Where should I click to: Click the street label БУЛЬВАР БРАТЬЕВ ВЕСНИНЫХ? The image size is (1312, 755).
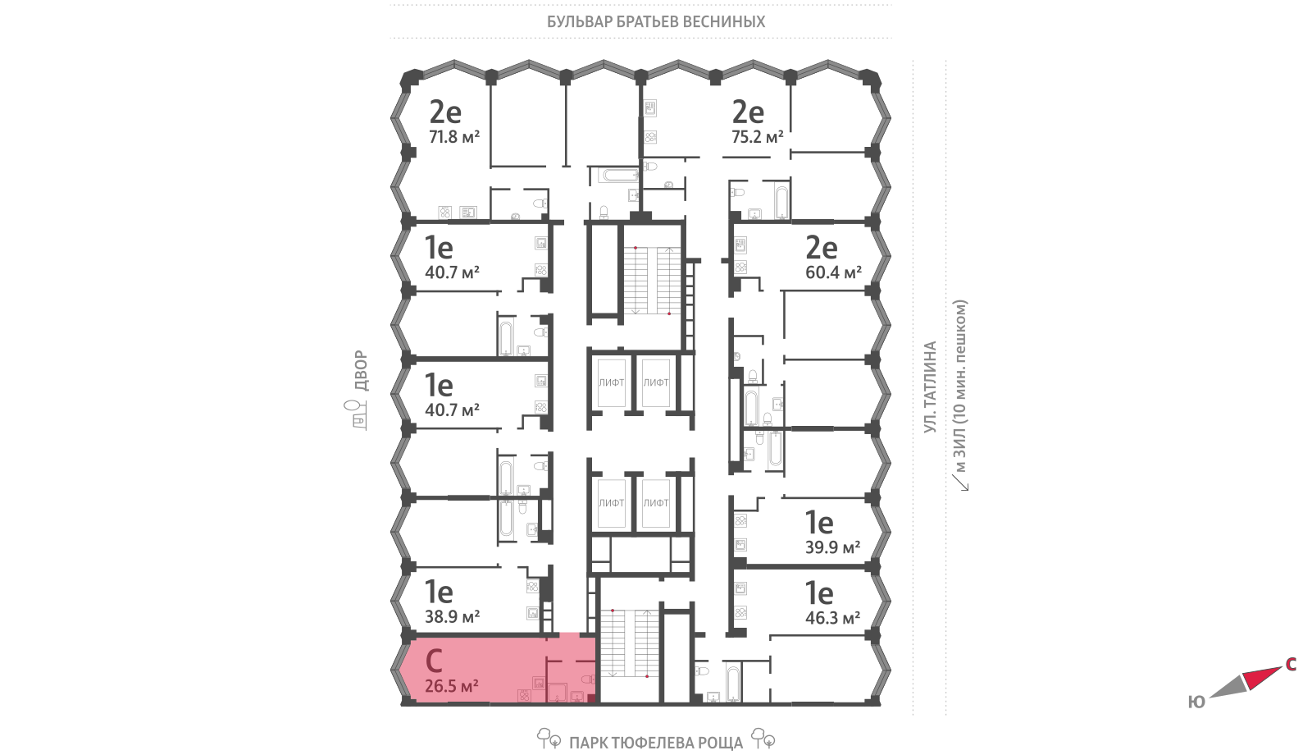tap(656, 21)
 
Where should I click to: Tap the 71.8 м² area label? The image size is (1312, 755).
tap(454, 137)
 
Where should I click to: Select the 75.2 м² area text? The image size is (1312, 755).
tap(758, 137)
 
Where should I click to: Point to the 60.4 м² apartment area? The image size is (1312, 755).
tap(833, 272)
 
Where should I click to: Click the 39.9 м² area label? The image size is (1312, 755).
tap(833, 547)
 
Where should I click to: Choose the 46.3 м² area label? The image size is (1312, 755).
tap(833, 618)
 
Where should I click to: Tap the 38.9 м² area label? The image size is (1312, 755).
tap(452, 616)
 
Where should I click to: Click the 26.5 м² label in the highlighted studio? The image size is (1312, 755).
tap(452, 685)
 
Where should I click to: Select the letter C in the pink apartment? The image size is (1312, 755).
tap(434, 661)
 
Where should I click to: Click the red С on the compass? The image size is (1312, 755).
tap(1291, 664)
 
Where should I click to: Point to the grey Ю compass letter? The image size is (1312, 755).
tap(1196, 702)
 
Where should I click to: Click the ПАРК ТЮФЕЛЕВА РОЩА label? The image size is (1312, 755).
tap(656, 744)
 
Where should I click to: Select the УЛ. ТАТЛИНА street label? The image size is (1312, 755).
tap(930, 387)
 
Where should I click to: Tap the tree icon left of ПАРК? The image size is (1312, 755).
tap(549, 739)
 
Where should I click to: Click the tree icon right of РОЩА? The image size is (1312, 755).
tap(763, 739)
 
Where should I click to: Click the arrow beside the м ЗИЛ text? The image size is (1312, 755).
tap(960, 483)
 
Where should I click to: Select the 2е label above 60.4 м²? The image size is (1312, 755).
tap(821, 248)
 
